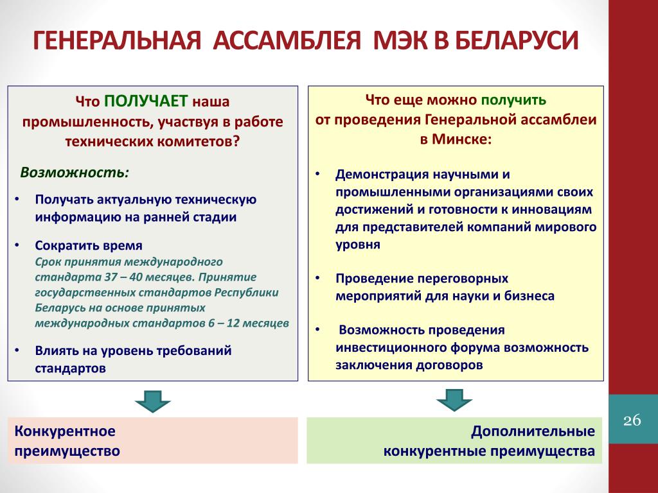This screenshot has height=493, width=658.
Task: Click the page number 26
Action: [x=632, y=420]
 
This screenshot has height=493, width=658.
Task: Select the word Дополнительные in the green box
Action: [x=533, y=431]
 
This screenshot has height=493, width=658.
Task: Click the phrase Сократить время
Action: [x=89, y=246]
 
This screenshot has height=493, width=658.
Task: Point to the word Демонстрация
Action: [x=382, y=175]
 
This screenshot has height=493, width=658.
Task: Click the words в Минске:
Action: [x=456, y=139]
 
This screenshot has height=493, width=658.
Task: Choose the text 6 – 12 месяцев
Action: [x=248, y=322]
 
